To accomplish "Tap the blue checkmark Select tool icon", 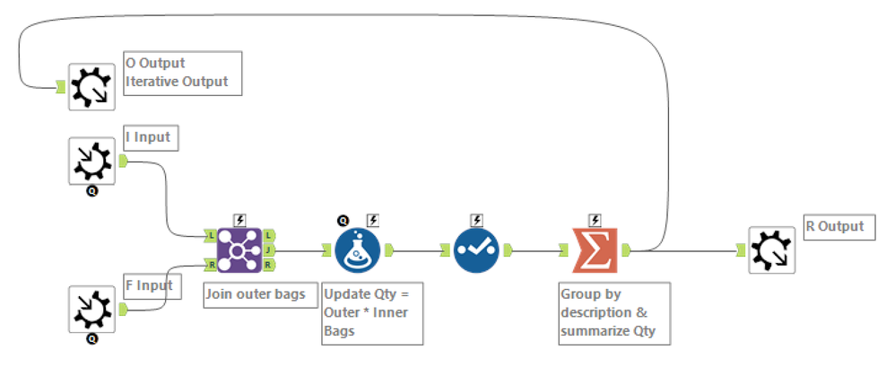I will click(476, 250).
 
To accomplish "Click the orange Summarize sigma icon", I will click(594, 250).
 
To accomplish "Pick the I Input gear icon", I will click(91, 161).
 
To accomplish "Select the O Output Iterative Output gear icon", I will click(91, 86).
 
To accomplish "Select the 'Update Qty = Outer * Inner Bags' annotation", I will click(370, 312).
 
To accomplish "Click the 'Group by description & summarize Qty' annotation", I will click(613, 312).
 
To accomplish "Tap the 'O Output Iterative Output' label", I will click(184, 73).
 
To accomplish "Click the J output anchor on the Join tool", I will click(269, 250).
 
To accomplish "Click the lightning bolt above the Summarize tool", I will click(595, 220).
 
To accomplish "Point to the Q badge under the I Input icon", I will click(91, 191).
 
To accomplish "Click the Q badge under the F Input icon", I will click(91, 339).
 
